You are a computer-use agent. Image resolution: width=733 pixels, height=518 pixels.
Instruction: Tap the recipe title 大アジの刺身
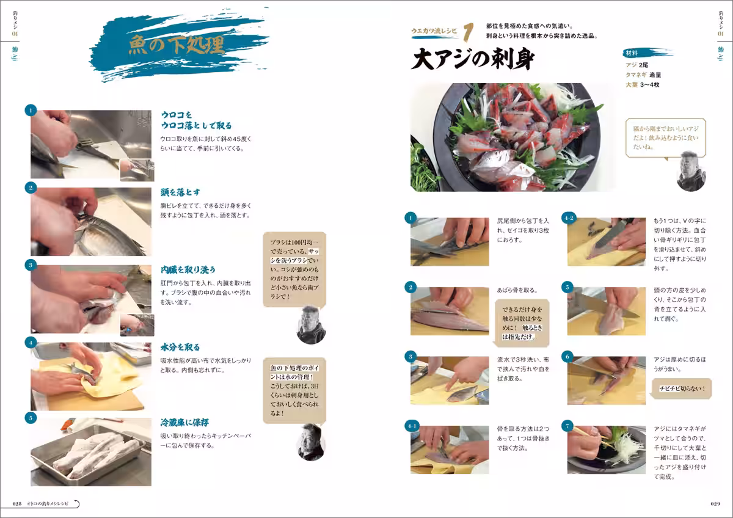tap(473, 60)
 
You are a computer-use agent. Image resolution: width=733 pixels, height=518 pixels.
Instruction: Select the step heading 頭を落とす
tap(181, 192)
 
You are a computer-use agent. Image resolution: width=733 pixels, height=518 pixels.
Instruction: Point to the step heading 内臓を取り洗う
tap(188, 269)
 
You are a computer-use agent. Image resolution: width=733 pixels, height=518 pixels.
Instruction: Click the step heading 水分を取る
tap(181, 347)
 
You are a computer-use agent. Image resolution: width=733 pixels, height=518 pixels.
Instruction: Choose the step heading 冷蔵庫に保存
tap(185, 422)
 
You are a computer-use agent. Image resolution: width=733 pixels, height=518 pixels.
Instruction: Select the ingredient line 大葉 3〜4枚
tap(642, 85)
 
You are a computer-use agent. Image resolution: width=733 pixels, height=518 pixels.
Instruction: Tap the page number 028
tap(18, 503)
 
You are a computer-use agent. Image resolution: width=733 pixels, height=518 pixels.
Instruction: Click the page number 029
tap(716, 503)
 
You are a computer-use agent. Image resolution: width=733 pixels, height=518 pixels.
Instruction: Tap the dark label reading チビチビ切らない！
tap(682, 388)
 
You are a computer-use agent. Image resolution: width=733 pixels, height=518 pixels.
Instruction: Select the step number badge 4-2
tap(569, 217)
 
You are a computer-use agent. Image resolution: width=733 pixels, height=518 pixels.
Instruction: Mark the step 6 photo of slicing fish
tap(607, 381)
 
